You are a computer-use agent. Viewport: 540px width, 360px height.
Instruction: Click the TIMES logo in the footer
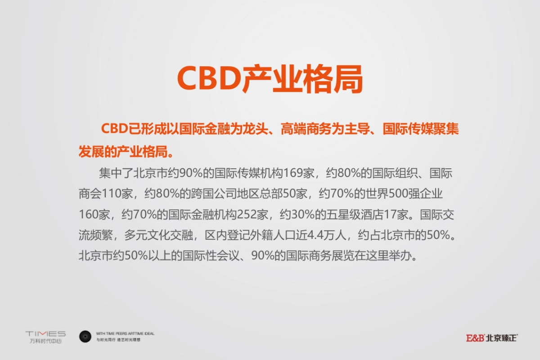tap(45, 334)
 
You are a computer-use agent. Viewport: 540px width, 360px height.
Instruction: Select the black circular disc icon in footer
tap(85, 336)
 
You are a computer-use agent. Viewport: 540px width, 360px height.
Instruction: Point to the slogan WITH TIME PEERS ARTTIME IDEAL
tap(125, 333)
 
